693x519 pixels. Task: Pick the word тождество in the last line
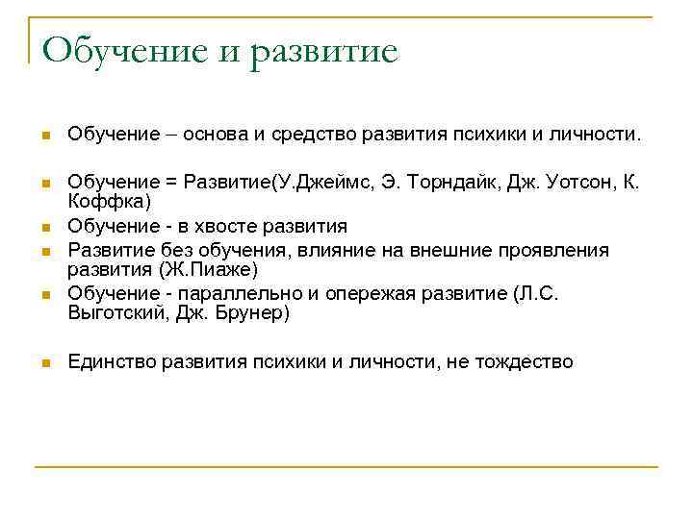[525, 361]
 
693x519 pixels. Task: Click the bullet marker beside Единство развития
[44, 363]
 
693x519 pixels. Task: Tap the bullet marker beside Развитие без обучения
[44, 252]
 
